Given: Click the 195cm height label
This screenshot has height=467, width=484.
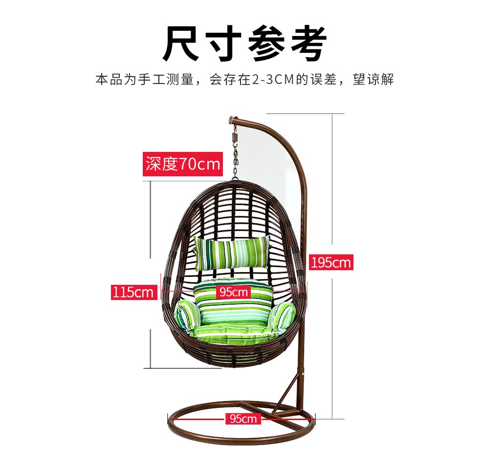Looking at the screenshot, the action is pyautogui.click(x=330, y=263).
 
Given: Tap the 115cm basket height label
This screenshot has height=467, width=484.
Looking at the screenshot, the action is pyautogui.click(x=133, y=292).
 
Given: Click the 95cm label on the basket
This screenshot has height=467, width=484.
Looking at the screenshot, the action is pyautogui.click(x=233, y=292).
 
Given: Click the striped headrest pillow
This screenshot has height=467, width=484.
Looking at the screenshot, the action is pyautogui.click(x=232, y=253).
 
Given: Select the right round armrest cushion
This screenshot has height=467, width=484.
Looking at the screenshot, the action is pyautogui.click(x=282, y=316).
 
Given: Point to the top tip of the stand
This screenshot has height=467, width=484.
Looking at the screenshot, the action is pyautogui.click(x=232, y=119).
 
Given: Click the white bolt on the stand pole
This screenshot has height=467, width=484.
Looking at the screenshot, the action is pyautogui.click(x=304, y=374).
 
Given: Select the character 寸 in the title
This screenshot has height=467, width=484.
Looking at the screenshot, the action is pyautogui.click(x=223, y=44).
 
